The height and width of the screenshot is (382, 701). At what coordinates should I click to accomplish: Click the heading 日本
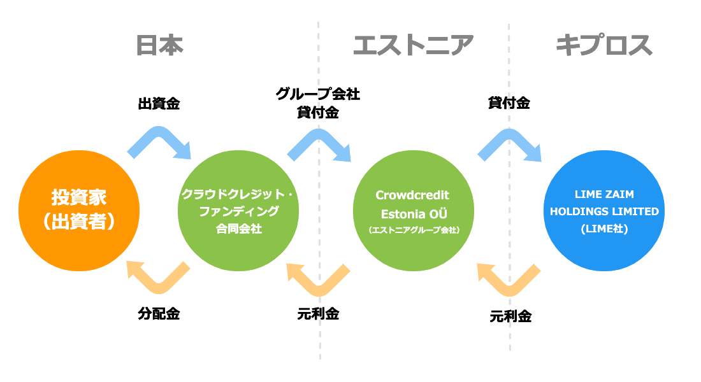[159, 46]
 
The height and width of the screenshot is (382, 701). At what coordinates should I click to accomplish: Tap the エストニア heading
[413, 45]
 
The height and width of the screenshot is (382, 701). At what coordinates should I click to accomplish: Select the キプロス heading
[604, 45]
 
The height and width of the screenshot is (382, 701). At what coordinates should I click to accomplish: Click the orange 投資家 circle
[79, 211]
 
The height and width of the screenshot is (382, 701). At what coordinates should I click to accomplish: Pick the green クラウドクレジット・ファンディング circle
[238, 211]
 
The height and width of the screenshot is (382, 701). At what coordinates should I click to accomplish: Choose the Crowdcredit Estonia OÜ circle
[414, 211]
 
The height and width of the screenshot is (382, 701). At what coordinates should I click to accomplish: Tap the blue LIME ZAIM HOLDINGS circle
[604, 211]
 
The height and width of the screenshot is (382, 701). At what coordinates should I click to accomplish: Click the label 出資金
[159, 104]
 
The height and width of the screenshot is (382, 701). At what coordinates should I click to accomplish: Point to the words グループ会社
[318, 94]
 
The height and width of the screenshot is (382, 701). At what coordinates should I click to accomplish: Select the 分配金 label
[159, 314]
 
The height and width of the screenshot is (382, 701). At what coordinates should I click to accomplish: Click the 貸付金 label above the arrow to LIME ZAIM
[509, 103]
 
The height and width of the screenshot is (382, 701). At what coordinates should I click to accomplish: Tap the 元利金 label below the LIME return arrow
[510, 316]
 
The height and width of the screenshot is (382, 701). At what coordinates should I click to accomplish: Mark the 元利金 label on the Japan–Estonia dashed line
[318, 314]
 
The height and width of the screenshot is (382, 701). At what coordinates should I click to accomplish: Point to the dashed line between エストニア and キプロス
[509, 188]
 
